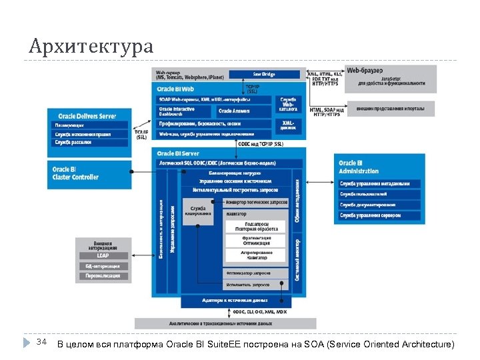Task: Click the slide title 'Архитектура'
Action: [91, 47]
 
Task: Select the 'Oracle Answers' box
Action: [234, 111]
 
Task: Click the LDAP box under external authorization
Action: [102, 255]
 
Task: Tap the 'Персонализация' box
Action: [102, 275]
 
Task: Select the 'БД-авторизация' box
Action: [102, 266]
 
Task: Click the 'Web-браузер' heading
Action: [365, 70]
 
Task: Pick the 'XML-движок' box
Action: [288, 124]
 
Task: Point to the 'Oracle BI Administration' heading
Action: [359, 167]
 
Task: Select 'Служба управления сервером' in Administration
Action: [378, 215]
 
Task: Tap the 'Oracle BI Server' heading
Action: [178, 153]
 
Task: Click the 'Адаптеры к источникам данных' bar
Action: [236, 301]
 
